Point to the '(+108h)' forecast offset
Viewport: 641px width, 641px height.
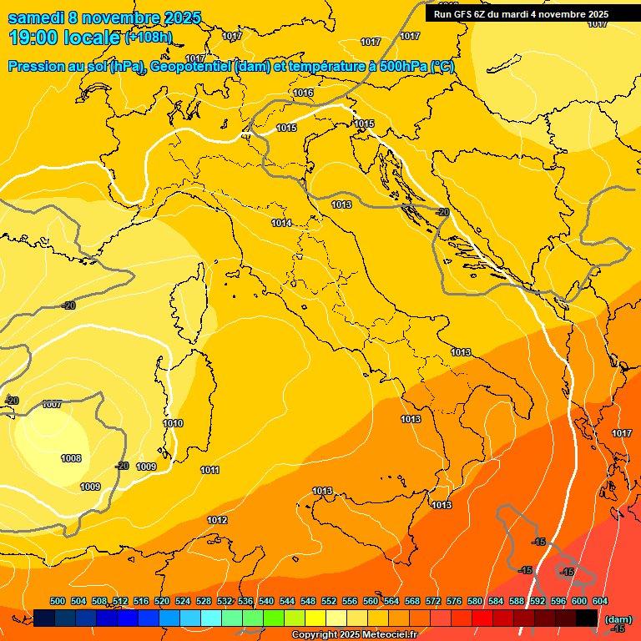[149, 38]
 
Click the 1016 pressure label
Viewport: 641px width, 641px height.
[303, 93]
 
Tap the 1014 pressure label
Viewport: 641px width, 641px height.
[281, 223]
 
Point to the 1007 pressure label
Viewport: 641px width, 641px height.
[52, 405]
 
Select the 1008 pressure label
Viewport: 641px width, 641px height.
[71, 458]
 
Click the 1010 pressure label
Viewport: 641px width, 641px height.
[173, 424]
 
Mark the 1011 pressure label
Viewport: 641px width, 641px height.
[209, 471]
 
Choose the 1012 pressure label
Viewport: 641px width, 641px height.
[217, 521]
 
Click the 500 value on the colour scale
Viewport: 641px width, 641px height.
[58, 601]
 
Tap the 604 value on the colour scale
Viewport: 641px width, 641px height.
[600, 601]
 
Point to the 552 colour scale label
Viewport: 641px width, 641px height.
[329, 601]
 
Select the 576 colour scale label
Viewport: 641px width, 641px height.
[454, 601]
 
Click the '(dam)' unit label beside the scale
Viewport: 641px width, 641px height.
[618, 619]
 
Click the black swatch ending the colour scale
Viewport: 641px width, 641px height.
[587, 618]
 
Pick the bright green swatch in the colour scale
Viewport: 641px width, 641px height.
[274, 618]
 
